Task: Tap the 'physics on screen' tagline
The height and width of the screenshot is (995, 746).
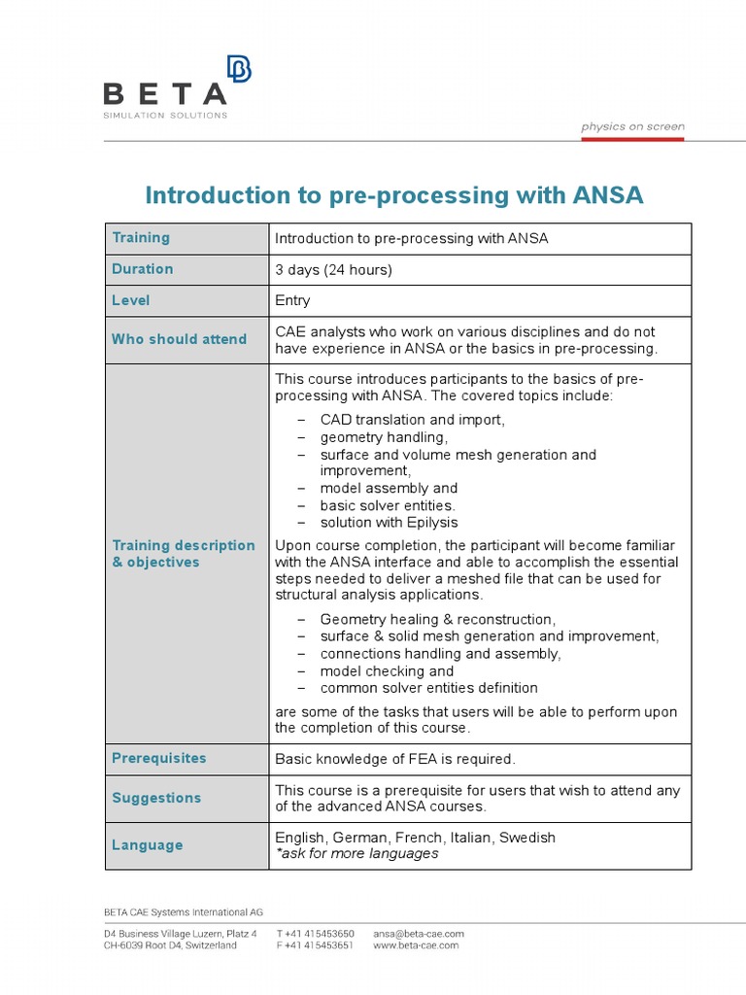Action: point(632,126)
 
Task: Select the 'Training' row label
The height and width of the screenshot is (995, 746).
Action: point(141,238)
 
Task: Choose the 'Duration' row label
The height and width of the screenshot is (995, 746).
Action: point(143,269)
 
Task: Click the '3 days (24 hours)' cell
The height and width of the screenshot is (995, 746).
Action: point(333,270)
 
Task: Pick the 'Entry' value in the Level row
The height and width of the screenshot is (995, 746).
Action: point(292,301)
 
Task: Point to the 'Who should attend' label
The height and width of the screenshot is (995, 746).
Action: point(179,339)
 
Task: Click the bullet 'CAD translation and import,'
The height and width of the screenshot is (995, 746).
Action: point(412,420)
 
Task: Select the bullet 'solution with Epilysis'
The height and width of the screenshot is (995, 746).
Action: point(389,523)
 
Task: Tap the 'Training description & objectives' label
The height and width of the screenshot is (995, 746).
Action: point(184,554)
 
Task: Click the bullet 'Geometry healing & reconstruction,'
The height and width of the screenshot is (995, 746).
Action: point(437,619)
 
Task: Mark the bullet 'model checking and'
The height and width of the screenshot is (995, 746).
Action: point(387,671)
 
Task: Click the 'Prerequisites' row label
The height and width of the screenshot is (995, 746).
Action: point(158,758)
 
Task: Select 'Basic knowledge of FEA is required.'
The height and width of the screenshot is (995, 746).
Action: point(395,759)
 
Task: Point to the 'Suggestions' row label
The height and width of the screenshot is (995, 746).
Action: point(156,798)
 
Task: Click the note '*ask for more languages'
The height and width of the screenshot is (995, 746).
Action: point(356,854)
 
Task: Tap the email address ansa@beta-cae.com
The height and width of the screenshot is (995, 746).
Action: point(419,934)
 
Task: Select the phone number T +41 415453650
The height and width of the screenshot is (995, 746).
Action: point(315,934)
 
